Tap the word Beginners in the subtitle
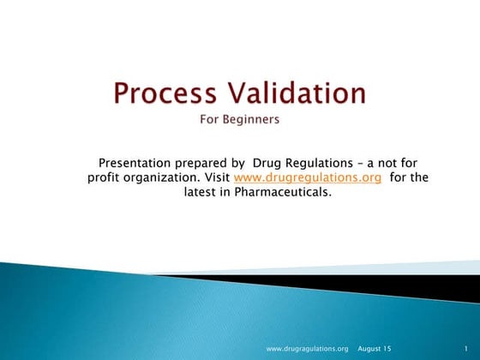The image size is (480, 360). [253, 120]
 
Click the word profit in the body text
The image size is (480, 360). [105, 177]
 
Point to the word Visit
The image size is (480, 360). [215, 177]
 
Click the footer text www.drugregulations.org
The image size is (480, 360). [307, 349]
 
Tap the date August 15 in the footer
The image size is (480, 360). [374, 349]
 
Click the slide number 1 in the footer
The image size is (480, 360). [463, 349]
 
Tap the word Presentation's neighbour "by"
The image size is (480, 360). [237, 163]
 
